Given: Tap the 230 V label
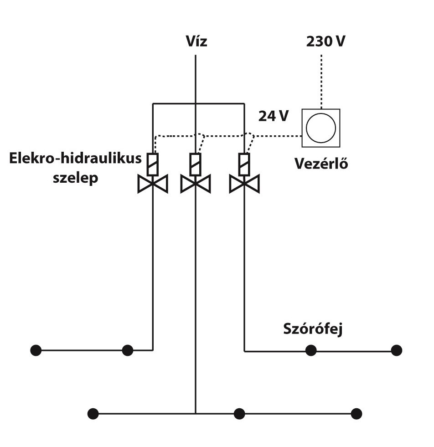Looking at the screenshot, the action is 325,41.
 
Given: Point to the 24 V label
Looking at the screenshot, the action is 274,116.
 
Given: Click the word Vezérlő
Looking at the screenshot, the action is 321,163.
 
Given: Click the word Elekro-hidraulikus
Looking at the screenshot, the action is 75,158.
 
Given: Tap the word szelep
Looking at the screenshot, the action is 76,178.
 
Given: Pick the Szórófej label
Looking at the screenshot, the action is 313,329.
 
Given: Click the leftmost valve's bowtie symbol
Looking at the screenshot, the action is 153,184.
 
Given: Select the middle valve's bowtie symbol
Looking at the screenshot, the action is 196,184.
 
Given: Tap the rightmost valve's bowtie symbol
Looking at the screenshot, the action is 244,184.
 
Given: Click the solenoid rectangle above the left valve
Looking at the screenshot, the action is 153,164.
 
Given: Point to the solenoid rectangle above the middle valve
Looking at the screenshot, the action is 195,164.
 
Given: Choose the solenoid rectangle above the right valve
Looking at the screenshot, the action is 244,164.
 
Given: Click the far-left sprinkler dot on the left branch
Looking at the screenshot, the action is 36,350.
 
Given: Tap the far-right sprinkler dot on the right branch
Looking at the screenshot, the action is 396,350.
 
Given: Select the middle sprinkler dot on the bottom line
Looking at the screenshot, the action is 239,414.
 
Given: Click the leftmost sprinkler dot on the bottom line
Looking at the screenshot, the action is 93,414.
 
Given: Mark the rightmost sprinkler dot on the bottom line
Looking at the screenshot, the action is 356,414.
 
